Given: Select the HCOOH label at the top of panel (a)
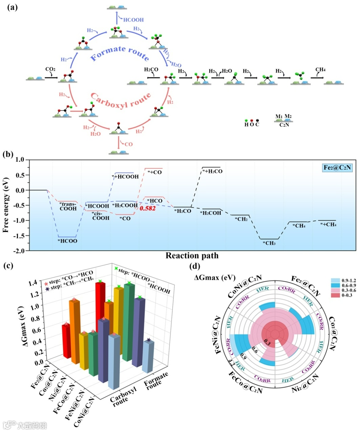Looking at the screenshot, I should pyautogui.click(x=133, y=20).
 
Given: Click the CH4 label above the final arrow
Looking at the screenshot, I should pyautogui.click(x=320, y=70).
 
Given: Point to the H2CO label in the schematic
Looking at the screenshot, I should pyautogui.click(x=151, y=70).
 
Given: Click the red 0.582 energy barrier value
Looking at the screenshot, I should pyautogui.click(x=148, y=208).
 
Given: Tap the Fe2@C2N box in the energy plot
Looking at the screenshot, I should pyautogui.click(x=337, y=167).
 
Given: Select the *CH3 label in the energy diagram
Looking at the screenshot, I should pyautogui.click(x=269, y=243).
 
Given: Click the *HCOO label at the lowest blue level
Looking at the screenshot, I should pyautogui.click(x=67, y=241).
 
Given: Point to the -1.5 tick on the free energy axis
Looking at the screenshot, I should pyautogui.click(x=20, y=236).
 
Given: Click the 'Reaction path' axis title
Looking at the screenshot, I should pyautogui.click(x=192, y=255).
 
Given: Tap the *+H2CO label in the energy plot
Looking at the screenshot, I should pyautogui.click(x=212, y=171).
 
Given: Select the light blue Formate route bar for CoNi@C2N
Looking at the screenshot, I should pyautogui.click(x=148, y=356).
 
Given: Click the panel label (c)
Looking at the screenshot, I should pyautogui.click(x=8, y=265).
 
